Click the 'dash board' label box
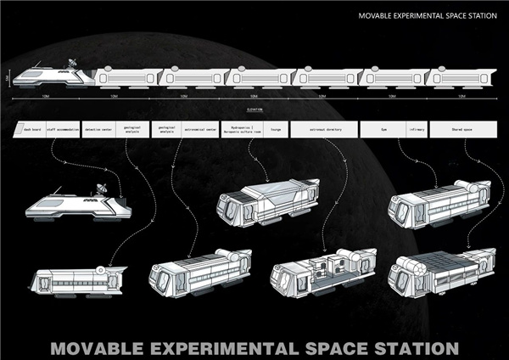tap(31, 128)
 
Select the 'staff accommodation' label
tap(63, 128)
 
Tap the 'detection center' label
tap(100, 128)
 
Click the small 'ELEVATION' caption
tap(255, 110)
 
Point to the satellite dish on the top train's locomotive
tap(71, 64)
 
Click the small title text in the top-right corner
tap(428, 15)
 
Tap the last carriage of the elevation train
tap(460, 77)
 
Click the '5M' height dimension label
tap(7, 77)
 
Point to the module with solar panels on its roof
tap(440, 271)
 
